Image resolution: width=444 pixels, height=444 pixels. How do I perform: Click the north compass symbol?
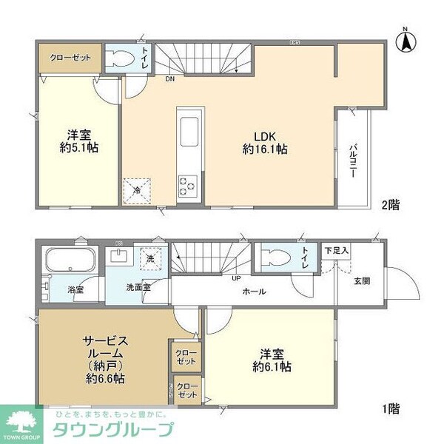(x=406, y=40)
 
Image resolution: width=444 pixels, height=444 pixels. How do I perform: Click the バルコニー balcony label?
(x=353, y=156)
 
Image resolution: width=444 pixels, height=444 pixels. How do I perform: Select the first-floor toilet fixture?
(x=277, y=258)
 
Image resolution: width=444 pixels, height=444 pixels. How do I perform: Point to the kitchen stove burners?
(x=186, y=184)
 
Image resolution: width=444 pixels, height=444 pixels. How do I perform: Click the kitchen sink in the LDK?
(x=186, y=126)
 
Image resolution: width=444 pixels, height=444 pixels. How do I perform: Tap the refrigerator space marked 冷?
(x=137, y=189)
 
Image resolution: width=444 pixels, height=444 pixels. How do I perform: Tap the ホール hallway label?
(x=255, y=292)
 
